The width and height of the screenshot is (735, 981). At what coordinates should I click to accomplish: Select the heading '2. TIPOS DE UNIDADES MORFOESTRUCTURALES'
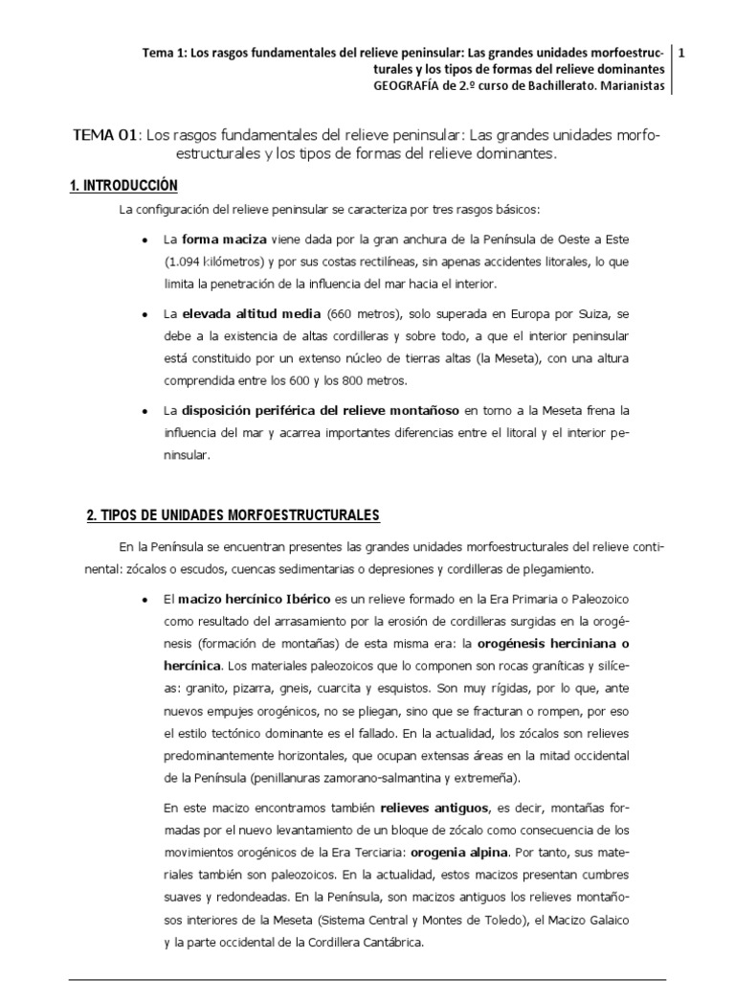point(233,515)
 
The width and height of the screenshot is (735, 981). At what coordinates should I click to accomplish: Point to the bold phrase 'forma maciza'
point(224,239)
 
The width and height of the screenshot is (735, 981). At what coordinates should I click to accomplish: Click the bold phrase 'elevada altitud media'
point(253,314)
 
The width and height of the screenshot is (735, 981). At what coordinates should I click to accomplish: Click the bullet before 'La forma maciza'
point(144,240)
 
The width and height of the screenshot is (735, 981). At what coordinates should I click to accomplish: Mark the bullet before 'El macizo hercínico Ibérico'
point(144,600)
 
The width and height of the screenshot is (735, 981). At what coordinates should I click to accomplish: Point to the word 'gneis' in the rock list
point(308,688)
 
